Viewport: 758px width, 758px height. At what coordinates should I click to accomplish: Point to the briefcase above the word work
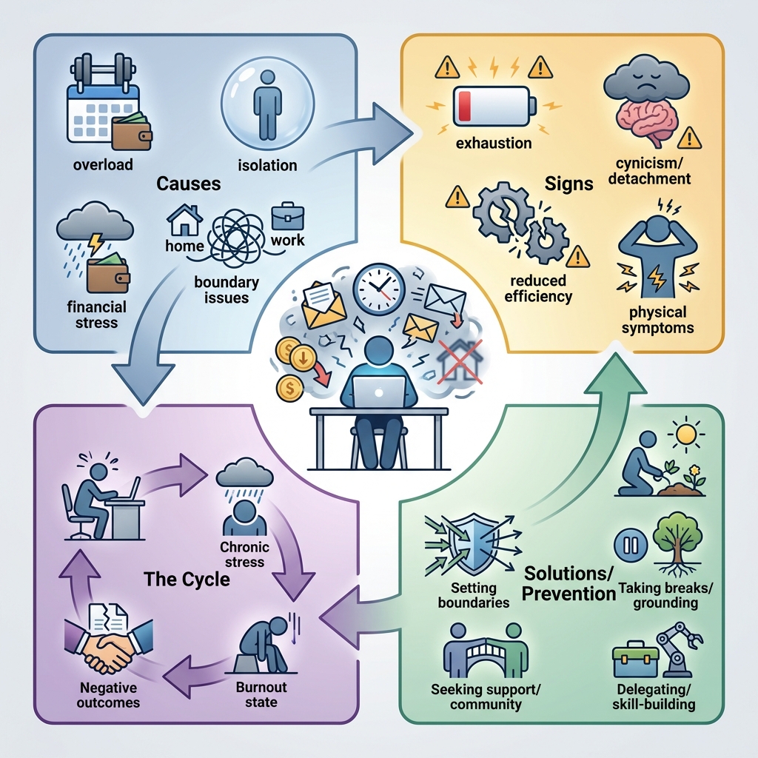coord(287,216)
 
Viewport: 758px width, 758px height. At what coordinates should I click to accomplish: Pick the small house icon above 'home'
coord(185,220)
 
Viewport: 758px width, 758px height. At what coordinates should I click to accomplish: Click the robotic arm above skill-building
coord(677,648)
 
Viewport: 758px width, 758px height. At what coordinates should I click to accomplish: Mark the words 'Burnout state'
coord(261,694)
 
